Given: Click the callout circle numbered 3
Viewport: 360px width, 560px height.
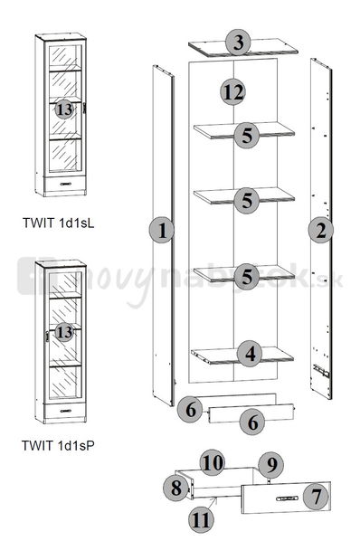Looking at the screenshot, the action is (238, 43).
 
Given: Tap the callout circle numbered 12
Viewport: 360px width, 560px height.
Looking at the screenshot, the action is (232, 92).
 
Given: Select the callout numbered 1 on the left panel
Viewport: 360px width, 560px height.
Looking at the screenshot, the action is (162, 231).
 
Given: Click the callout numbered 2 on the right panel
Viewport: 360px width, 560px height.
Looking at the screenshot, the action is (321, 231).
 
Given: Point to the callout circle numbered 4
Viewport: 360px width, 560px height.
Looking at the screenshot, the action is (251, 354).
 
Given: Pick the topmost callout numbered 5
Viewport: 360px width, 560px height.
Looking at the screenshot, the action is (247, 136).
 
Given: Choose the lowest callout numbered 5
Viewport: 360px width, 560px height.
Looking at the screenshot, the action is (247, 277).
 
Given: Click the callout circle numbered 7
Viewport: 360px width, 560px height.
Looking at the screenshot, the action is (316, 497).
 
